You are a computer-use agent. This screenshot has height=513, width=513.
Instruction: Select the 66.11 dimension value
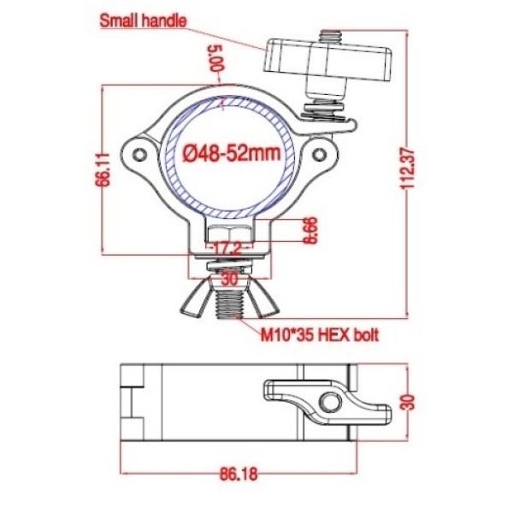tap(103, 169)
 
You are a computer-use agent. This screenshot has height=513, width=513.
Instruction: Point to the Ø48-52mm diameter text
tap(233, 154)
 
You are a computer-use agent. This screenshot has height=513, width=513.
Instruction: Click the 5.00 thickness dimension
tap(216, 58)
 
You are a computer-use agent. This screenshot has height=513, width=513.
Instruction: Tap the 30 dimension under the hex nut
tap(229, 279)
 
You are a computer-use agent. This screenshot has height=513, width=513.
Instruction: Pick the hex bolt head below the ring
tap(229, 233)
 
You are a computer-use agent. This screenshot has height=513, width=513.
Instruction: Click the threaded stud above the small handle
tap(327, 32)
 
